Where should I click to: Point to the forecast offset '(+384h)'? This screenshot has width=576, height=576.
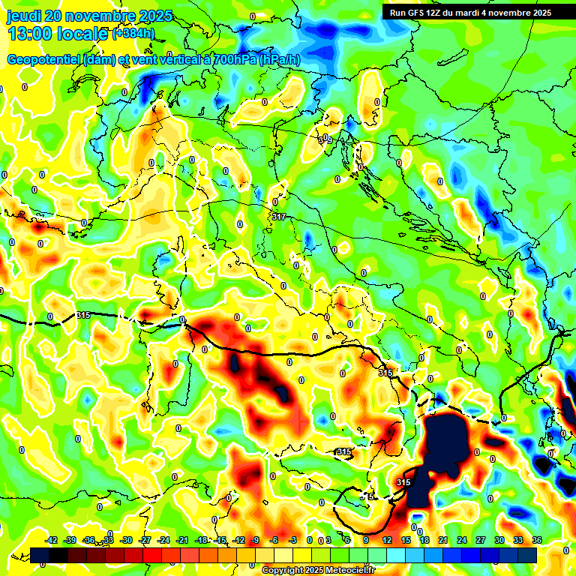tap(133, 34)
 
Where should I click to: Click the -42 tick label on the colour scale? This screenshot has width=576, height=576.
tap(51, 540)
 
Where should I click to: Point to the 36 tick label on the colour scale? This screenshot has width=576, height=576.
tap(536, 540)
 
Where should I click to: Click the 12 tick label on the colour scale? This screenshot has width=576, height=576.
tap(386, 540)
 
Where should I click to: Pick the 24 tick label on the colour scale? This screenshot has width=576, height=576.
tap(461, 540)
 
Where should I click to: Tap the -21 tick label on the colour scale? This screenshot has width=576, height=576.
tap(182, 540)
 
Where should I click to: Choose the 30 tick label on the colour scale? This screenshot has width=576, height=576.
tap(499, 540)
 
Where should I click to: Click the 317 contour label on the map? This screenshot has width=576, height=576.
tap(279, 217)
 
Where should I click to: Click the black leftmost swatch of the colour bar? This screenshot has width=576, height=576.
tap(40, 555)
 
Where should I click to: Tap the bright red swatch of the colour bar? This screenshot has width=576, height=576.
tap(152, 555)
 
